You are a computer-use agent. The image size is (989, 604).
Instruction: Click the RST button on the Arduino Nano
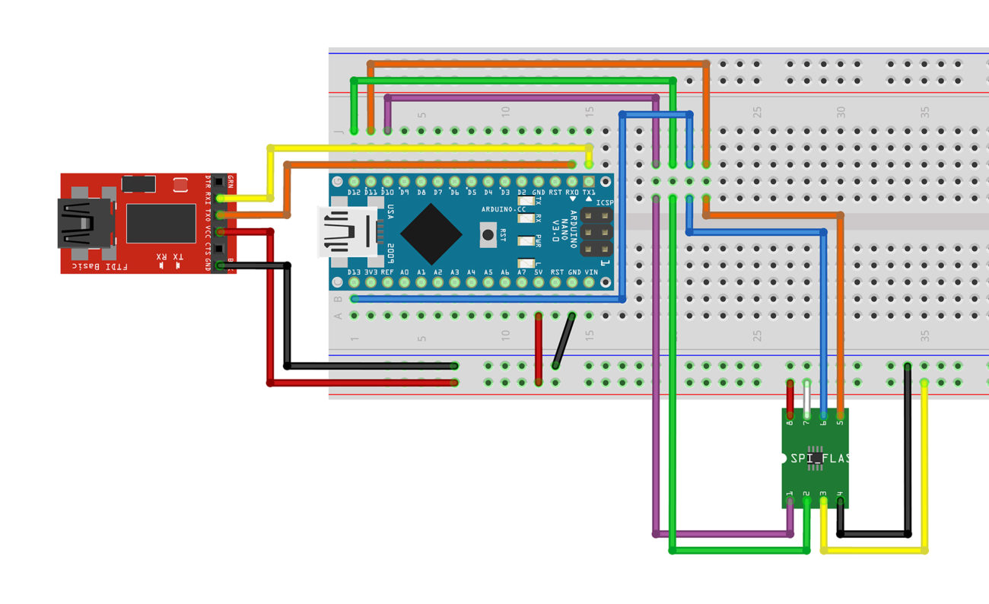pos(488,235)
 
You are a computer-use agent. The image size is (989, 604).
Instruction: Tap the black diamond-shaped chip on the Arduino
pos(431,234)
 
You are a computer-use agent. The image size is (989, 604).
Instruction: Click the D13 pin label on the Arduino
pos(354,272)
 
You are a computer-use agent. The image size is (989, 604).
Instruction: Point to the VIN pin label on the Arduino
pos(591,272)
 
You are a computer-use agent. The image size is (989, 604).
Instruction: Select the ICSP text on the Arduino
pos(605,203)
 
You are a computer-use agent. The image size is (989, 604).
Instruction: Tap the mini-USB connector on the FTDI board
pos(81,224)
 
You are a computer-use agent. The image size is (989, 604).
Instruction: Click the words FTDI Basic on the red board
pos(98,266)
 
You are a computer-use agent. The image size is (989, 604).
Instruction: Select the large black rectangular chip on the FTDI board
pos(161,223)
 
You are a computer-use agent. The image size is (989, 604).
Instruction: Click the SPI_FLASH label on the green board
pos(819,459)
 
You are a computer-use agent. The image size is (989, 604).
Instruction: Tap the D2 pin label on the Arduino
pos(522,192)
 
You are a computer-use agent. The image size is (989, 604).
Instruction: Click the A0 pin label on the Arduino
pos(404,272)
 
